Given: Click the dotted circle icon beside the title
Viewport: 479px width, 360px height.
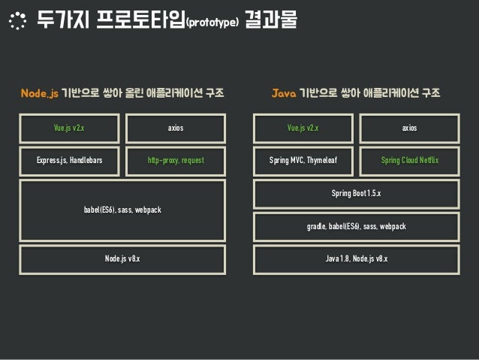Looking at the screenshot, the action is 16,21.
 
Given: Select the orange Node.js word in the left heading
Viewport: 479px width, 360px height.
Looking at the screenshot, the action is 39,94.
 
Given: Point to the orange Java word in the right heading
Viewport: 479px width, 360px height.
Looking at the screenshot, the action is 283,94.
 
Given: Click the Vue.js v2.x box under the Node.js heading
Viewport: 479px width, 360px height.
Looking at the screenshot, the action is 69,129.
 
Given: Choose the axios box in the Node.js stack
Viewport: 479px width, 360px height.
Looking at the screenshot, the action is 176,129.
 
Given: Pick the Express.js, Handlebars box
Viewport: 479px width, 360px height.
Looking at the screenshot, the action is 69,160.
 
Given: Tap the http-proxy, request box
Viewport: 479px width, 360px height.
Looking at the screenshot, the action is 176,160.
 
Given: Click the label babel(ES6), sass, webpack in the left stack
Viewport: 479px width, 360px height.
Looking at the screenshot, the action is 122,210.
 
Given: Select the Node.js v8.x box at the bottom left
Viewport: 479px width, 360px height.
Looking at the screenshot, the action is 122,259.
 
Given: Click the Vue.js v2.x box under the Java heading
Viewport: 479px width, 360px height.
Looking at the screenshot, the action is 303,129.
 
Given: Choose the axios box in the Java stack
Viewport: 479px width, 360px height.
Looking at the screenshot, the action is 409,129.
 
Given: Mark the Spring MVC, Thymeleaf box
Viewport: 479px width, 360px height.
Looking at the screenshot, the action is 303,160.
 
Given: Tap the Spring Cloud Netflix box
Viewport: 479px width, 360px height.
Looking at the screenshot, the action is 409,160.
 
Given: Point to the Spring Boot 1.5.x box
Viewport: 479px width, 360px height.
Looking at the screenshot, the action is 356,194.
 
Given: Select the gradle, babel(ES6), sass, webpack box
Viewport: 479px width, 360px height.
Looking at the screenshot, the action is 356,226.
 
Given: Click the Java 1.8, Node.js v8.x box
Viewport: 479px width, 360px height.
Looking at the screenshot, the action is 356,259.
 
